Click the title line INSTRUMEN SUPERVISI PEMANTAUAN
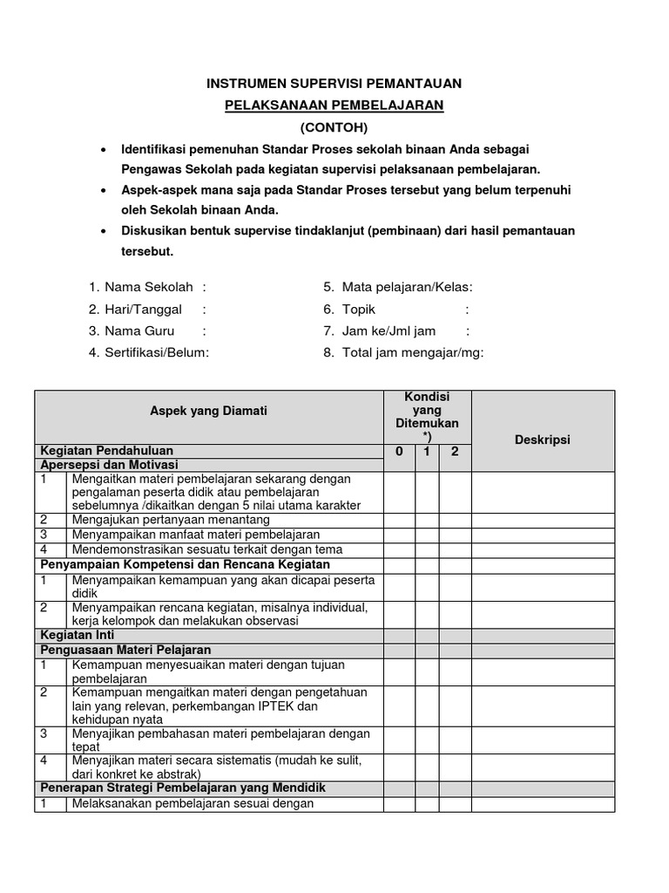coord(334,84)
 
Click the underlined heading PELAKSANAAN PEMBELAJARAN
coord(334,105)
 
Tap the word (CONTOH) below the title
coord(334,126)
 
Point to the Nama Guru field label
coord(139,331)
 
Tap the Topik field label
coord(359,309)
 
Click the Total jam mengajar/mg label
coord(412,352)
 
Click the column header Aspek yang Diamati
coord(208,411)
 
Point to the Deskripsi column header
coord(543,440)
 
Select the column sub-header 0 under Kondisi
coord(399,452)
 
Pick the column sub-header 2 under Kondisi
coord(454,452)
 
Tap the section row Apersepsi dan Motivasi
coord(109,465)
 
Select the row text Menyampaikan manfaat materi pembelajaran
coord(196,534)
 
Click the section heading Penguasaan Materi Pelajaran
coord(125,650)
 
